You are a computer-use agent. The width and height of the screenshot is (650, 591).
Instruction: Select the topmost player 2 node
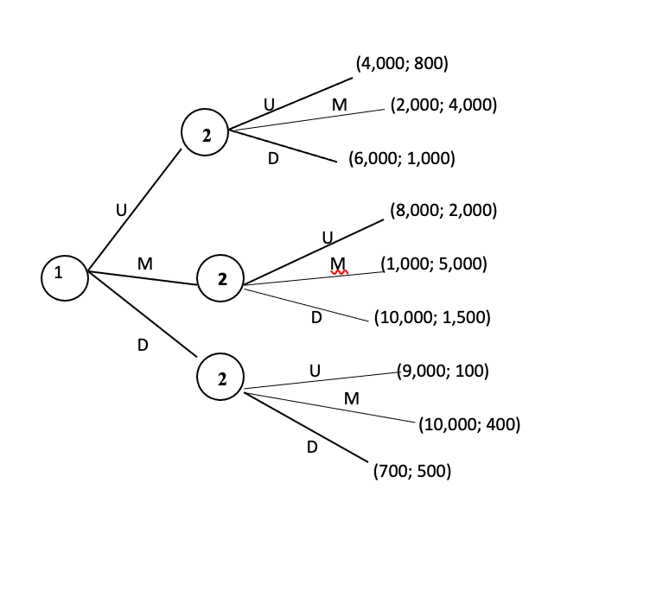pyautogui.click(x=205, y=134)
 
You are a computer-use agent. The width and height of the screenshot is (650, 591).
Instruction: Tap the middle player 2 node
pyautogui.click(x=221, y=278)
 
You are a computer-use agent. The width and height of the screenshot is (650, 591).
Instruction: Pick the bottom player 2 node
pyautogui.click(x=220, y=378)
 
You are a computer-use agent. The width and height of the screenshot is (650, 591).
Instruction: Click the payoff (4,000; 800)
pyautogui.click(x=402, y=63)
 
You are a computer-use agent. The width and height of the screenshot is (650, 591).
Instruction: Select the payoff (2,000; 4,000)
pyautogui.click(x=443, y=105)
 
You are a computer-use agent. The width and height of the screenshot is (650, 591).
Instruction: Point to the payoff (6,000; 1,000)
pyautogui.click(x=401, y=159)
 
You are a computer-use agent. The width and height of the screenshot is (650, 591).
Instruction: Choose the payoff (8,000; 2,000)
pyautogui.click(x=443, y=211)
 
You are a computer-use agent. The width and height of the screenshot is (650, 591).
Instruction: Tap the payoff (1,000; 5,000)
pyautogui.click(x=434, y=264)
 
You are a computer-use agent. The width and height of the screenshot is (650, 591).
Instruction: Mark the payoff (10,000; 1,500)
pyautogui.click(x=432, y=317)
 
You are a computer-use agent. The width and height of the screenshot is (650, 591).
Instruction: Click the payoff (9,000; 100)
pyautogui.click(x=443, y=372)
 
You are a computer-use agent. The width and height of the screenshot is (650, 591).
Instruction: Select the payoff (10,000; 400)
pyautogui.click(x=468, y=424)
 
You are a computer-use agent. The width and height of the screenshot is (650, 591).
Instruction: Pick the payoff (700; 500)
pyautogui.click(x=411, y=472)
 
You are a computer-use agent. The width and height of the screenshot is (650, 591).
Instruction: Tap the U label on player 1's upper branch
pyautogui.click(x=122, y=209)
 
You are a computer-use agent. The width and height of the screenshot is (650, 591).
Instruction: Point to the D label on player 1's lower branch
pyautogui.click(x=143, y=346)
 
